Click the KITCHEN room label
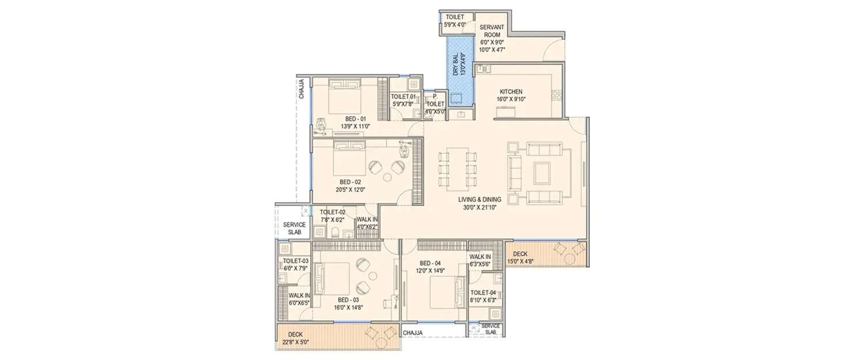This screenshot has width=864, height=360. coord(511,92)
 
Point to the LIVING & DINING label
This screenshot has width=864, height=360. coord(480,200)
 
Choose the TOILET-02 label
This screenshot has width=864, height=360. coord(332,213)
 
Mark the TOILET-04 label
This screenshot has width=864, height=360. coord(483,292)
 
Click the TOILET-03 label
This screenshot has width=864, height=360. coord(295,261)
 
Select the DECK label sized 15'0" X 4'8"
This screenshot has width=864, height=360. coord(520,254)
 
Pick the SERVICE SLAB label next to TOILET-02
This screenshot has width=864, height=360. coord(294,228)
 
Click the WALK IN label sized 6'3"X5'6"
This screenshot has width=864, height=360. coord(480,257)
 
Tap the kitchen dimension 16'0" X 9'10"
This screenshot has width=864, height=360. coord(511,99)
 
